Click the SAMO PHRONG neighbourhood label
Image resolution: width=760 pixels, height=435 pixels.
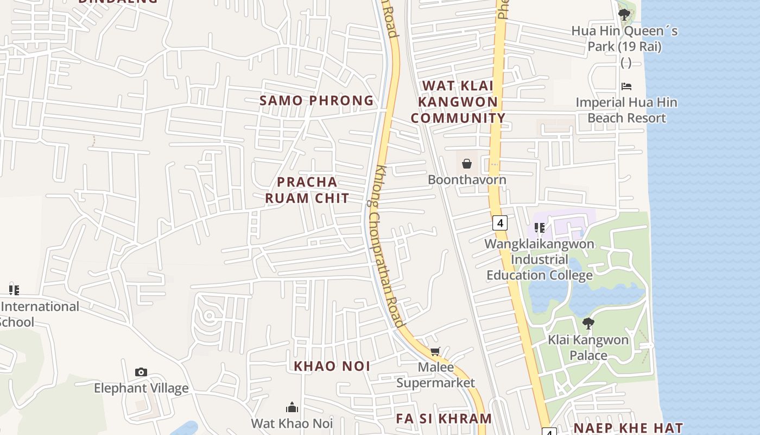316,101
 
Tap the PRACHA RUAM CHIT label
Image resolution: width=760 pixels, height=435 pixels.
307,190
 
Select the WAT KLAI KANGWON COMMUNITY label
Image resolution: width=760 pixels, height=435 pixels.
458,102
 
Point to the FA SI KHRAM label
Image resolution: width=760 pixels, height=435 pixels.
444,418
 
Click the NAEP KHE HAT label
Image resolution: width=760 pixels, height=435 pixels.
628,428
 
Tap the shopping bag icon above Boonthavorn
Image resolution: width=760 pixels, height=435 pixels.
466,163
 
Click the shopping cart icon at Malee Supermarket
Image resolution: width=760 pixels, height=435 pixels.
435,352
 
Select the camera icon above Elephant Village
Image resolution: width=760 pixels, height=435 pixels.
141,372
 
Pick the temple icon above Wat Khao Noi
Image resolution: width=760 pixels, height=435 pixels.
292,407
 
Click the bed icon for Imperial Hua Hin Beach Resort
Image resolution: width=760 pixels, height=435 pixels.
626,86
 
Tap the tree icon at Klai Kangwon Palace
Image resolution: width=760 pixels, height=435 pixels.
588,324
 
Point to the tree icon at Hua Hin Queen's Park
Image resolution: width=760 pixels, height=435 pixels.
624,14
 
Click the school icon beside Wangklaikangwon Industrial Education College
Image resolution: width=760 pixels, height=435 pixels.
539,228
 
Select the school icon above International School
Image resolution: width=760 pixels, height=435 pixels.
14,290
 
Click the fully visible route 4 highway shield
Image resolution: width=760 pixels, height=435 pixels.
500,222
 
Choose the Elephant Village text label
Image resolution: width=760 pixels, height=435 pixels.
141,388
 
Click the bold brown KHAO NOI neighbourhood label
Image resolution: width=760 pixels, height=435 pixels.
332,366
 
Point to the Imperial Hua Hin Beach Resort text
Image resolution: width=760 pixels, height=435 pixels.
626,110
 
